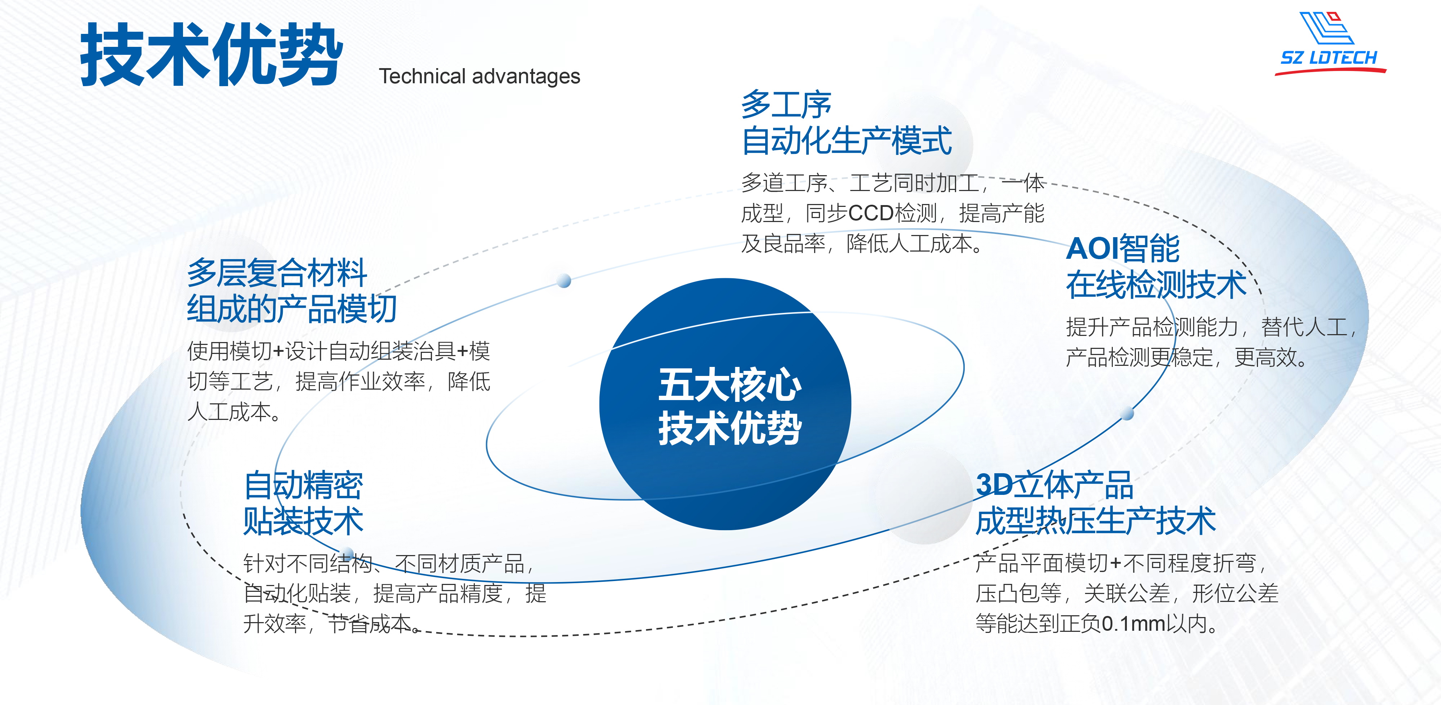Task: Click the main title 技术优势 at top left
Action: coord(211,55)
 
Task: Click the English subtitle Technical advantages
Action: coord(479,76)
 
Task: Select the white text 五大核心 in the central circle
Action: coord(730,385)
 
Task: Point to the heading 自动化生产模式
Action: coord(846,141)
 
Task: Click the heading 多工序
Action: coord(786,104)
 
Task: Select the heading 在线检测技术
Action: coord(1156,284)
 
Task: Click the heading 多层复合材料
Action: coord(277,272)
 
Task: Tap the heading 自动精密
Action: coord(303,485)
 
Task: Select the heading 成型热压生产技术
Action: coord(1095,521)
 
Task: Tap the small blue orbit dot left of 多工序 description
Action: coord(565,280)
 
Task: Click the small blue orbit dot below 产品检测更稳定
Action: coord(1128,414)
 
